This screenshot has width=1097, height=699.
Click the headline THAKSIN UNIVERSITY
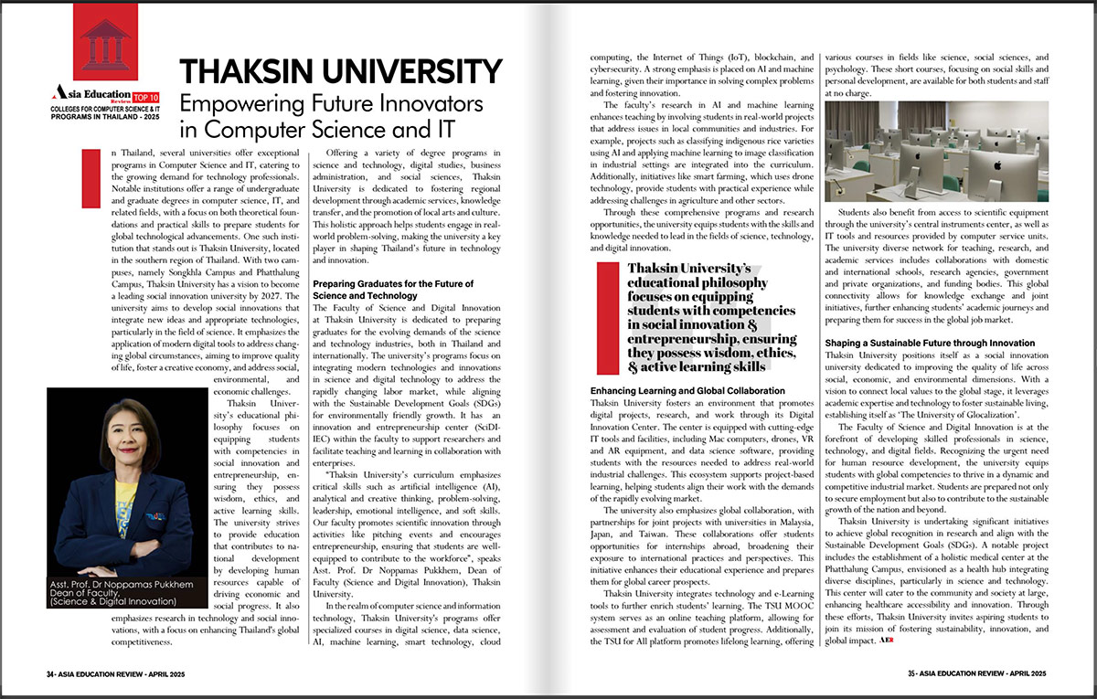340,72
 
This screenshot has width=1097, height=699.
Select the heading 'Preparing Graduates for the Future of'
388,283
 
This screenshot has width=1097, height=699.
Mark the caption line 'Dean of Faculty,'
91,593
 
